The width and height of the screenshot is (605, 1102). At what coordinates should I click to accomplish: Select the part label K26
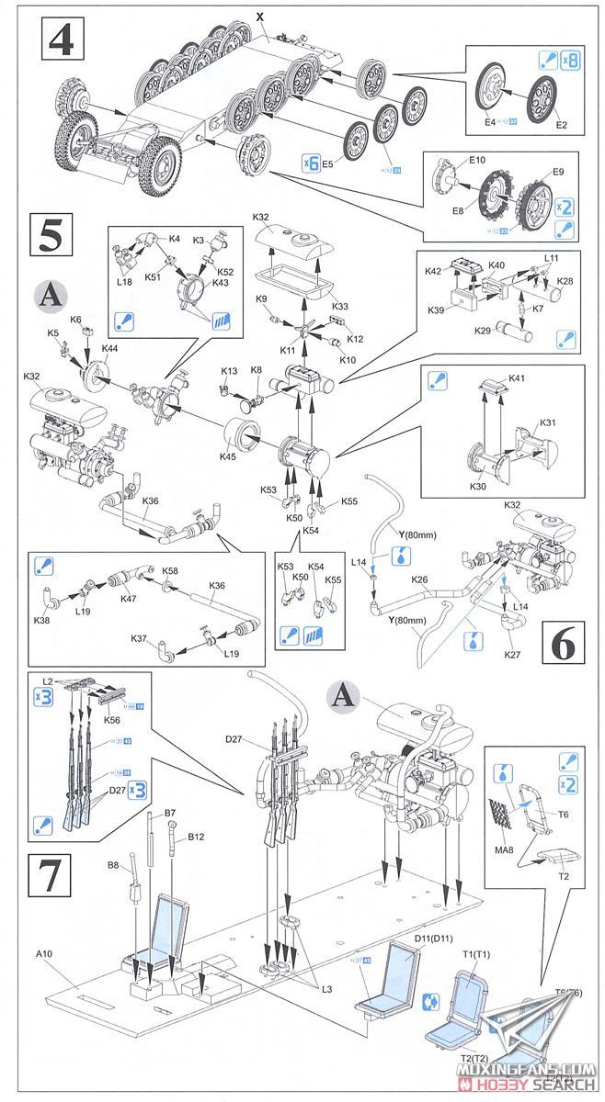coord(420,579)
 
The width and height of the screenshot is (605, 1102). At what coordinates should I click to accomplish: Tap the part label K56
coord(111,721)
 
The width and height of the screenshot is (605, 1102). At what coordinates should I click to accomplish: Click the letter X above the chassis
coord(259,17)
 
